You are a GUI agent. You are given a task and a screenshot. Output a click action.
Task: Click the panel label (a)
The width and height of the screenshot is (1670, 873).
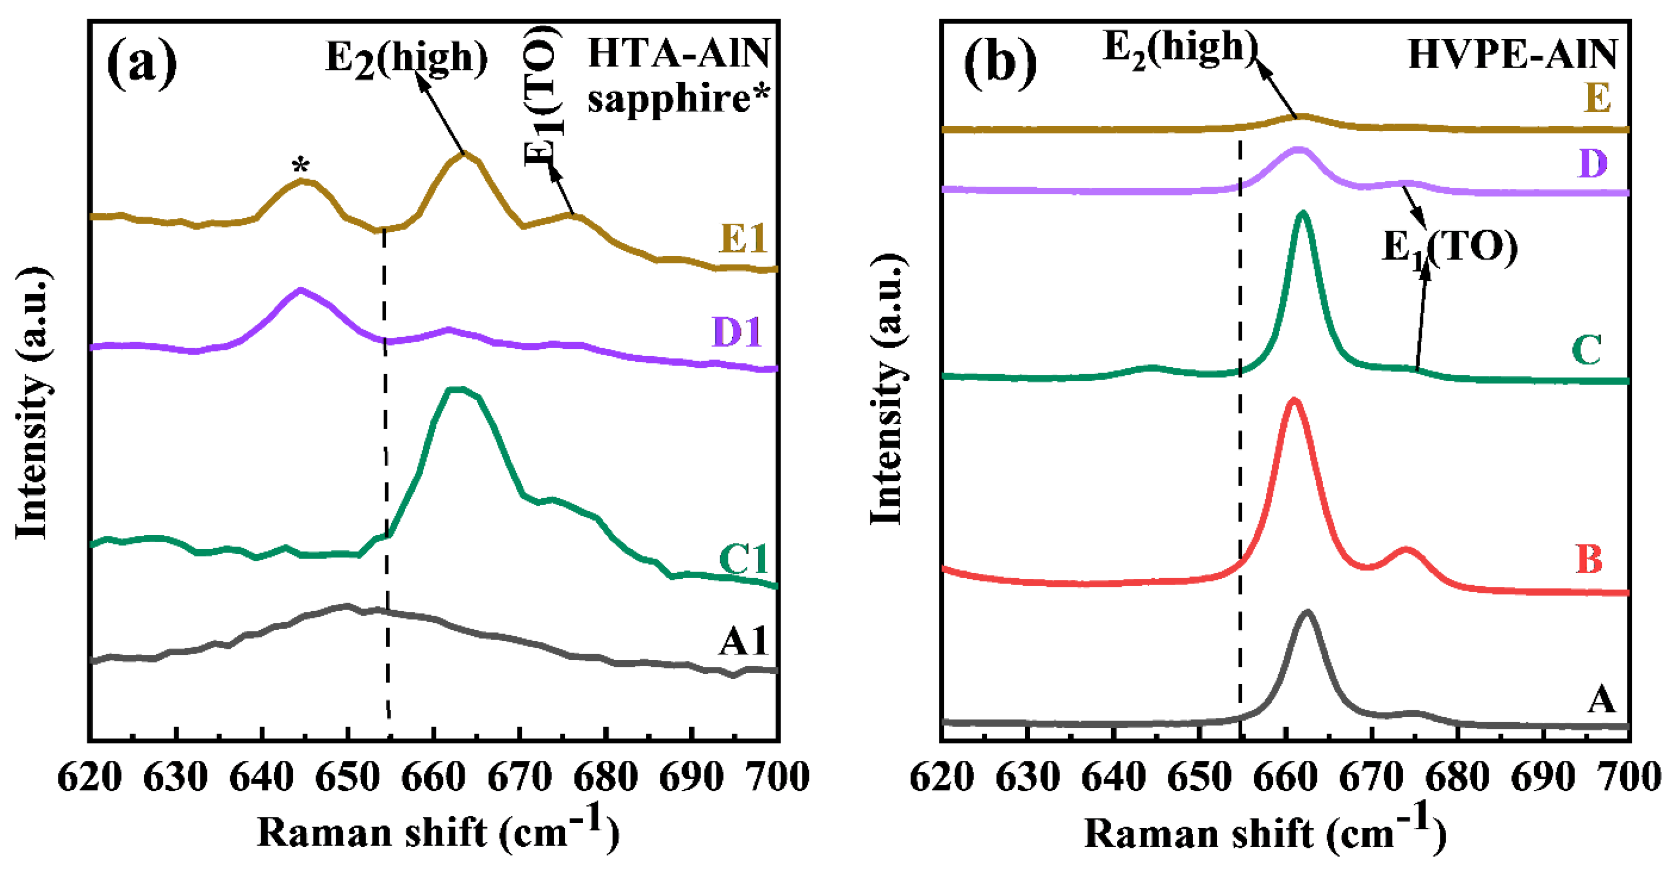[x=141, y=63]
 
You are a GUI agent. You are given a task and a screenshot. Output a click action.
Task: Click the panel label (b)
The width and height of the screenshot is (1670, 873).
[x=1000, y=63]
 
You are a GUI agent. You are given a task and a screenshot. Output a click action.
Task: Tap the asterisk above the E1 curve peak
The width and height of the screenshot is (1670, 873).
[x=300, y=166]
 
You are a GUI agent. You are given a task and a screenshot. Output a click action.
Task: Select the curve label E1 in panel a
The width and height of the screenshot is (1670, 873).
[x=743, y=238]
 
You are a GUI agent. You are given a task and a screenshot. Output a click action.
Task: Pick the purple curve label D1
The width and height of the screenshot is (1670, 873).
[x=737, y=332]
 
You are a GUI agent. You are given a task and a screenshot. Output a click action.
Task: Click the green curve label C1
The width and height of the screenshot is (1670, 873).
[x=744, y=559]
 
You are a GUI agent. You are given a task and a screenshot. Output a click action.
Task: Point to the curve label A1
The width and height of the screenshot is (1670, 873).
[x=743, y=641]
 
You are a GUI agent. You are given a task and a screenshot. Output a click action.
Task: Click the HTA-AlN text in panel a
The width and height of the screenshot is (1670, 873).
[x=679, y=53]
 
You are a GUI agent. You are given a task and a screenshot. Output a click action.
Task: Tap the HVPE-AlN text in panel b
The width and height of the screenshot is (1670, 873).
[x=1513, y=55]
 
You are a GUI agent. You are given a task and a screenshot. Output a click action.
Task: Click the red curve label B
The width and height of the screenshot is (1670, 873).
[x=1589, y=559]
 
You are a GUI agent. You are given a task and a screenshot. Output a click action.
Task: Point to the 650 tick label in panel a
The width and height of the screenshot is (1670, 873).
[x=347, y=777]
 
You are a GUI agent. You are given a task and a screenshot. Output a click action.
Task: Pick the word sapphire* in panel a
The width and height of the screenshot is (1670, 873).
[x=679, y=99]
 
